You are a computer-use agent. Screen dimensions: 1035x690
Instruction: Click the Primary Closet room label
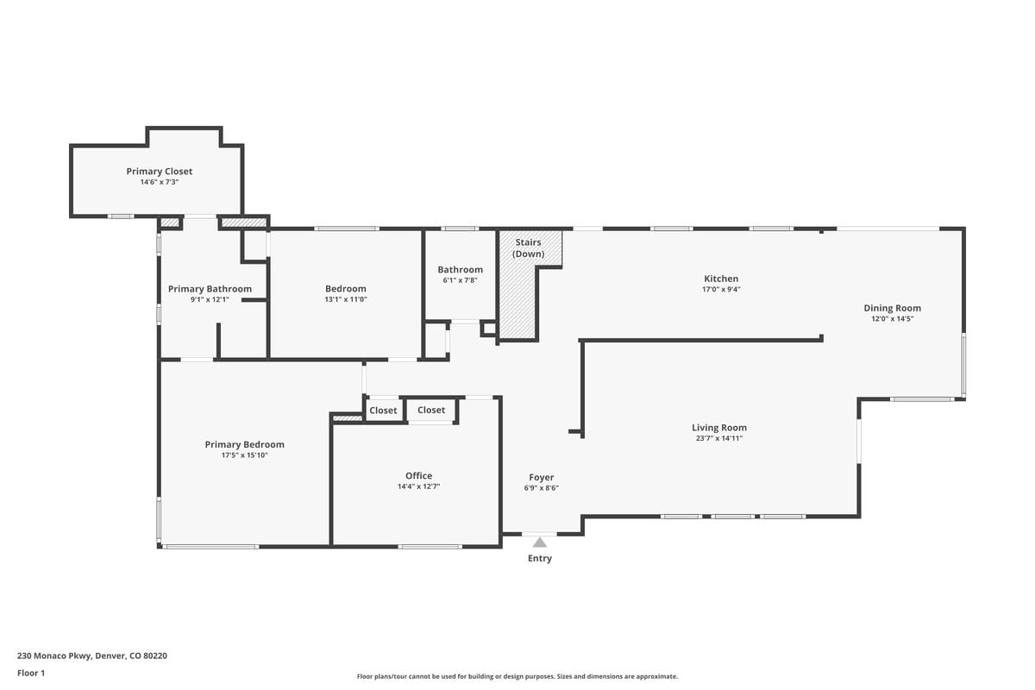point(160,172)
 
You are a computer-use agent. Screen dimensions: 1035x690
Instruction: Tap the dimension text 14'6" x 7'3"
point(160,182)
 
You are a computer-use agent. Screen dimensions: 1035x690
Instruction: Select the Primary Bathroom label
point(210,289)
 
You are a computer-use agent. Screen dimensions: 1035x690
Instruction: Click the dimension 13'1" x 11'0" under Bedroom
point(346,299)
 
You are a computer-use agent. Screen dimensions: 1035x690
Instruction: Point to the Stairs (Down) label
point(528,248)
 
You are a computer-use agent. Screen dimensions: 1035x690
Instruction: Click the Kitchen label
point(721,279)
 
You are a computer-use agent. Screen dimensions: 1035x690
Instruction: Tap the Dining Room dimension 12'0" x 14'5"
point(892,319)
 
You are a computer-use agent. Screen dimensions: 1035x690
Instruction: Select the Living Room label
point(719,428)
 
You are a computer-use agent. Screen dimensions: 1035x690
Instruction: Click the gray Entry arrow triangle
point(540,543)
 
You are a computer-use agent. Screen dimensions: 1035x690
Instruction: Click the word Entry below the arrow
point(540,558)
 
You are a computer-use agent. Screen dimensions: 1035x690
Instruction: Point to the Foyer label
point(542,478)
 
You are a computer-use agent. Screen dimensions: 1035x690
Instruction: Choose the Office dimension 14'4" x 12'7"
point(418,486)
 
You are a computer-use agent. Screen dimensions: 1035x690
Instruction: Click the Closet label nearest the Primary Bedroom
point(383,411)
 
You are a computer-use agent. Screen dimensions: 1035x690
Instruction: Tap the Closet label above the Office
point(431,410)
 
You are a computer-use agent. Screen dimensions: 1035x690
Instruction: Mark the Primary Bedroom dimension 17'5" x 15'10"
point(244,455)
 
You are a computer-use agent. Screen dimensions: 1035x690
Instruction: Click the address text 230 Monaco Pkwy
point(55,655)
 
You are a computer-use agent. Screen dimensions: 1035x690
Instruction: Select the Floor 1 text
point(31,674)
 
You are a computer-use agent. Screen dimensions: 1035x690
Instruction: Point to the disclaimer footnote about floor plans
point(517,676)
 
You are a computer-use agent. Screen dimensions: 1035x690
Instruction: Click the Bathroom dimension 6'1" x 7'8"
point(461,280)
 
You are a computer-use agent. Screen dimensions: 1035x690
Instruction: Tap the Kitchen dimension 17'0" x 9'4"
point(721,289)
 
